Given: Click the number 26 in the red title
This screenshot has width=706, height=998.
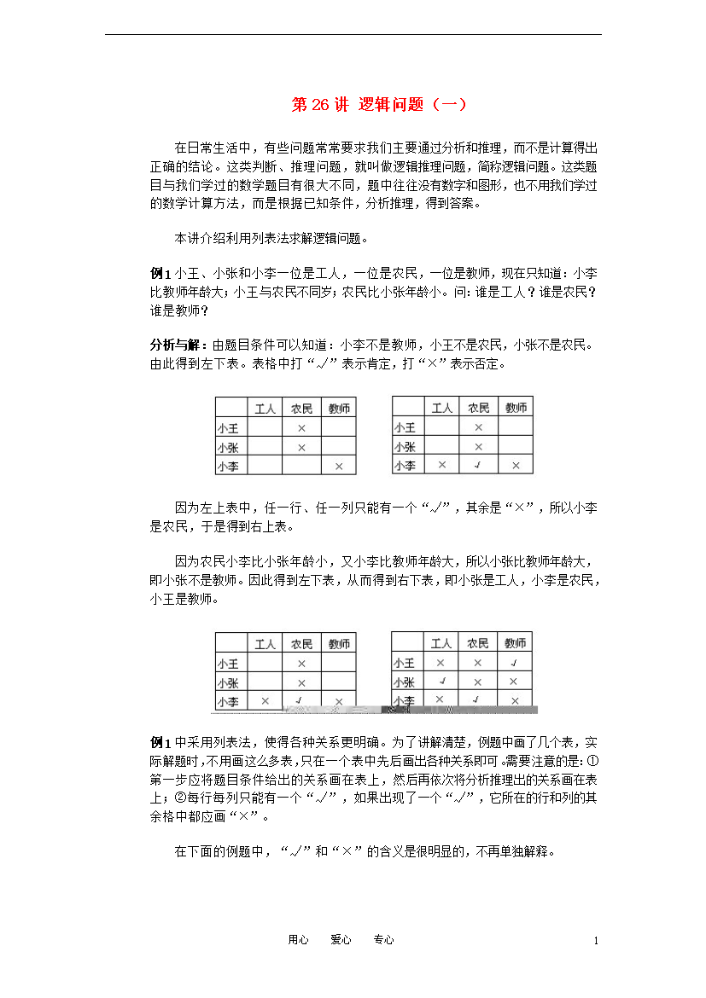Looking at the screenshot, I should tap(320, 105).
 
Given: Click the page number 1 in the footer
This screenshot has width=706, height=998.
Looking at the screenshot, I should tap(595, 940).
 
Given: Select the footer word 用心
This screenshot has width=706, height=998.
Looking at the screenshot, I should tap(298, 939).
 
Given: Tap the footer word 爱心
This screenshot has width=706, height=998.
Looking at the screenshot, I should tap(341, 939).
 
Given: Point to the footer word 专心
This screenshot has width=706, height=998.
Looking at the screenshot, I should tap(383, 939).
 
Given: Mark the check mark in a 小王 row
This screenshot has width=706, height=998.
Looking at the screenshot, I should tap(513, 663).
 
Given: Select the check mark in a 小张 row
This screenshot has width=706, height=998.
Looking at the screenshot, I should tap(441, 682).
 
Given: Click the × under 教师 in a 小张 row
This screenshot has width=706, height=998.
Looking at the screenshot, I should tap(513, 682).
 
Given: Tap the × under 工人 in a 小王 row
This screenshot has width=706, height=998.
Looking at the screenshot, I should tap(441, 663).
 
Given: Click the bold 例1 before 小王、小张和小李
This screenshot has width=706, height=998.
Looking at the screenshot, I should tap(160, 273).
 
